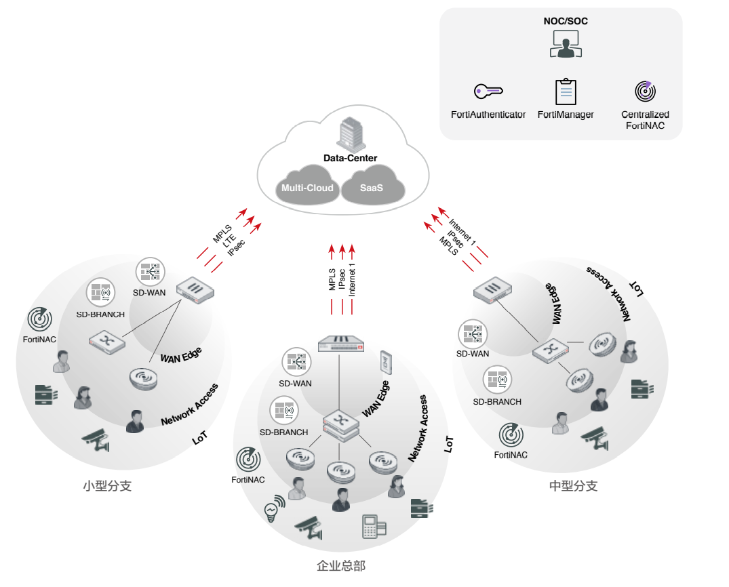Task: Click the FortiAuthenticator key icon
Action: pyautogui.click(x=488, y=90)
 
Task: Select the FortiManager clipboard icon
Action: pyautogui.click(x=566, y=92)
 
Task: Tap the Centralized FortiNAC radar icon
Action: pyautogui.click(x=645, y=90)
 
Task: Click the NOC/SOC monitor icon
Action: pyautogui.click(x=566, y=43)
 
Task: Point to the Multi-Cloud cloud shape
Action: pyautogui.click(x=307, y=188)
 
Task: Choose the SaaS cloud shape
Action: pyautogui.click(x=371, y=188)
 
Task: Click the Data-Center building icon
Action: pyautogui.click(x=350, y=133)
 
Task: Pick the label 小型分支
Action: pyautogui.click(x=106, y=486)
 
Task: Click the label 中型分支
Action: pyautogui.click(x=573, y=486)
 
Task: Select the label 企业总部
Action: pyautogui.click(x=341, y=565)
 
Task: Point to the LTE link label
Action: pyautogui.click(x=231, y=239)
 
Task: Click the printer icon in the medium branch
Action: pyautogui.click(x=641, y=387)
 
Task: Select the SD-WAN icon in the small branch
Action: pyautogui.click(x=149, y=271)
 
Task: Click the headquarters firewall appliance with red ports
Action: pyautogui.click(x=341, y=344)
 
